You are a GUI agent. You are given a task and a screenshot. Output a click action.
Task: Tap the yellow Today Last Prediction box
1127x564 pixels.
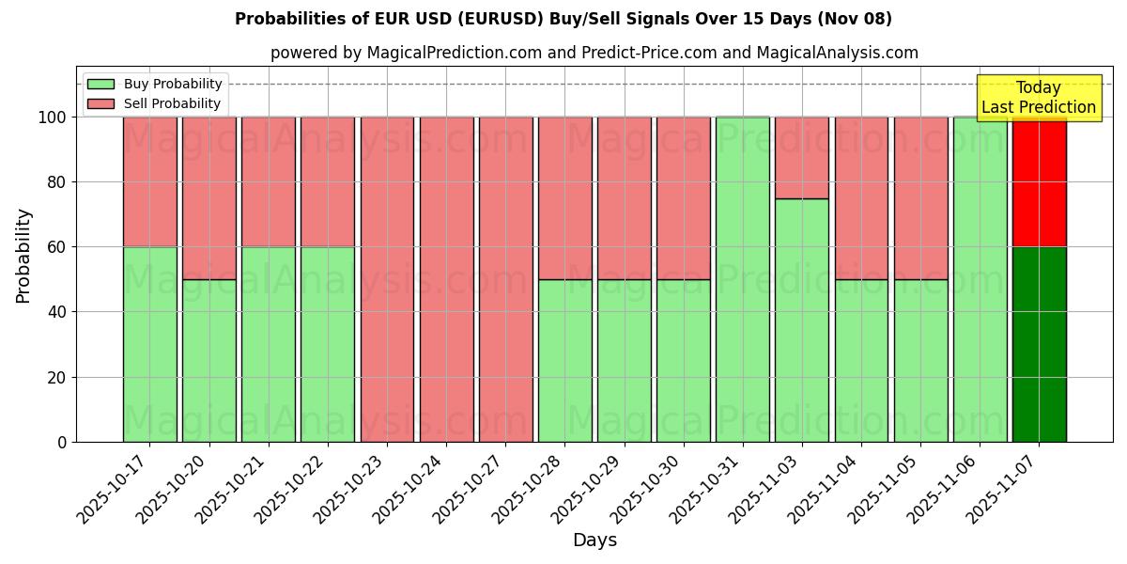coord(1038,98)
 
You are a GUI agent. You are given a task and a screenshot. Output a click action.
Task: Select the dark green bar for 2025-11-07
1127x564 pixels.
coord(1039,344)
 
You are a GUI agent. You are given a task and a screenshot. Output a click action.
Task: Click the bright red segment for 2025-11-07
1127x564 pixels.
coord(1039,182)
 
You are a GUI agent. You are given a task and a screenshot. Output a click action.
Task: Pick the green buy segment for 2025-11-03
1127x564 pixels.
coord(801,320)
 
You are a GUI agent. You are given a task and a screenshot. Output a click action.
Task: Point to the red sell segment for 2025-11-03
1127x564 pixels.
coord(801,157)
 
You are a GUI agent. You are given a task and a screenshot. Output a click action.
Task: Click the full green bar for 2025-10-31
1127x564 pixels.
coord(742,279)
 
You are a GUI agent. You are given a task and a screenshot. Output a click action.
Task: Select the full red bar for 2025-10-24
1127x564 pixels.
coord(446,279)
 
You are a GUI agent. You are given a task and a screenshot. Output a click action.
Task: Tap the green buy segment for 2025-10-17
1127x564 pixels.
coord(149,344)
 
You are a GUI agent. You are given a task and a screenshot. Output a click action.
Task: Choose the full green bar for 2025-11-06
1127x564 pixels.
coord(980,279)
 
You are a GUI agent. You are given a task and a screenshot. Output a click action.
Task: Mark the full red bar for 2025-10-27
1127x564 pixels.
coord(505,279)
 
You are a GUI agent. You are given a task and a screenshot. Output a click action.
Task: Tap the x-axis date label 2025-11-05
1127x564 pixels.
coord(885,487)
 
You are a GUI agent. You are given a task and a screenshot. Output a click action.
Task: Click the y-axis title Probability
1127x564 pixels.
coord(23,255)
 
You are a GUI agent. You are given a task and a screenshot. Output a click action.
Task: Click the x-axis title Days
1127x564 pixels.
coord(594,540)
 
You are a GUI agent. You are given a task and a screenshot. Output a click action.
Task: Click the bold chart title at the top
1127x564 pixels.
coord(563,19)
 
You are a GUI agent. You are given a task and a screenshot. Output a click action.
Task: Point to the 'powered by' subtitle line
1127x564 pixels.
coord(594,53)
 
